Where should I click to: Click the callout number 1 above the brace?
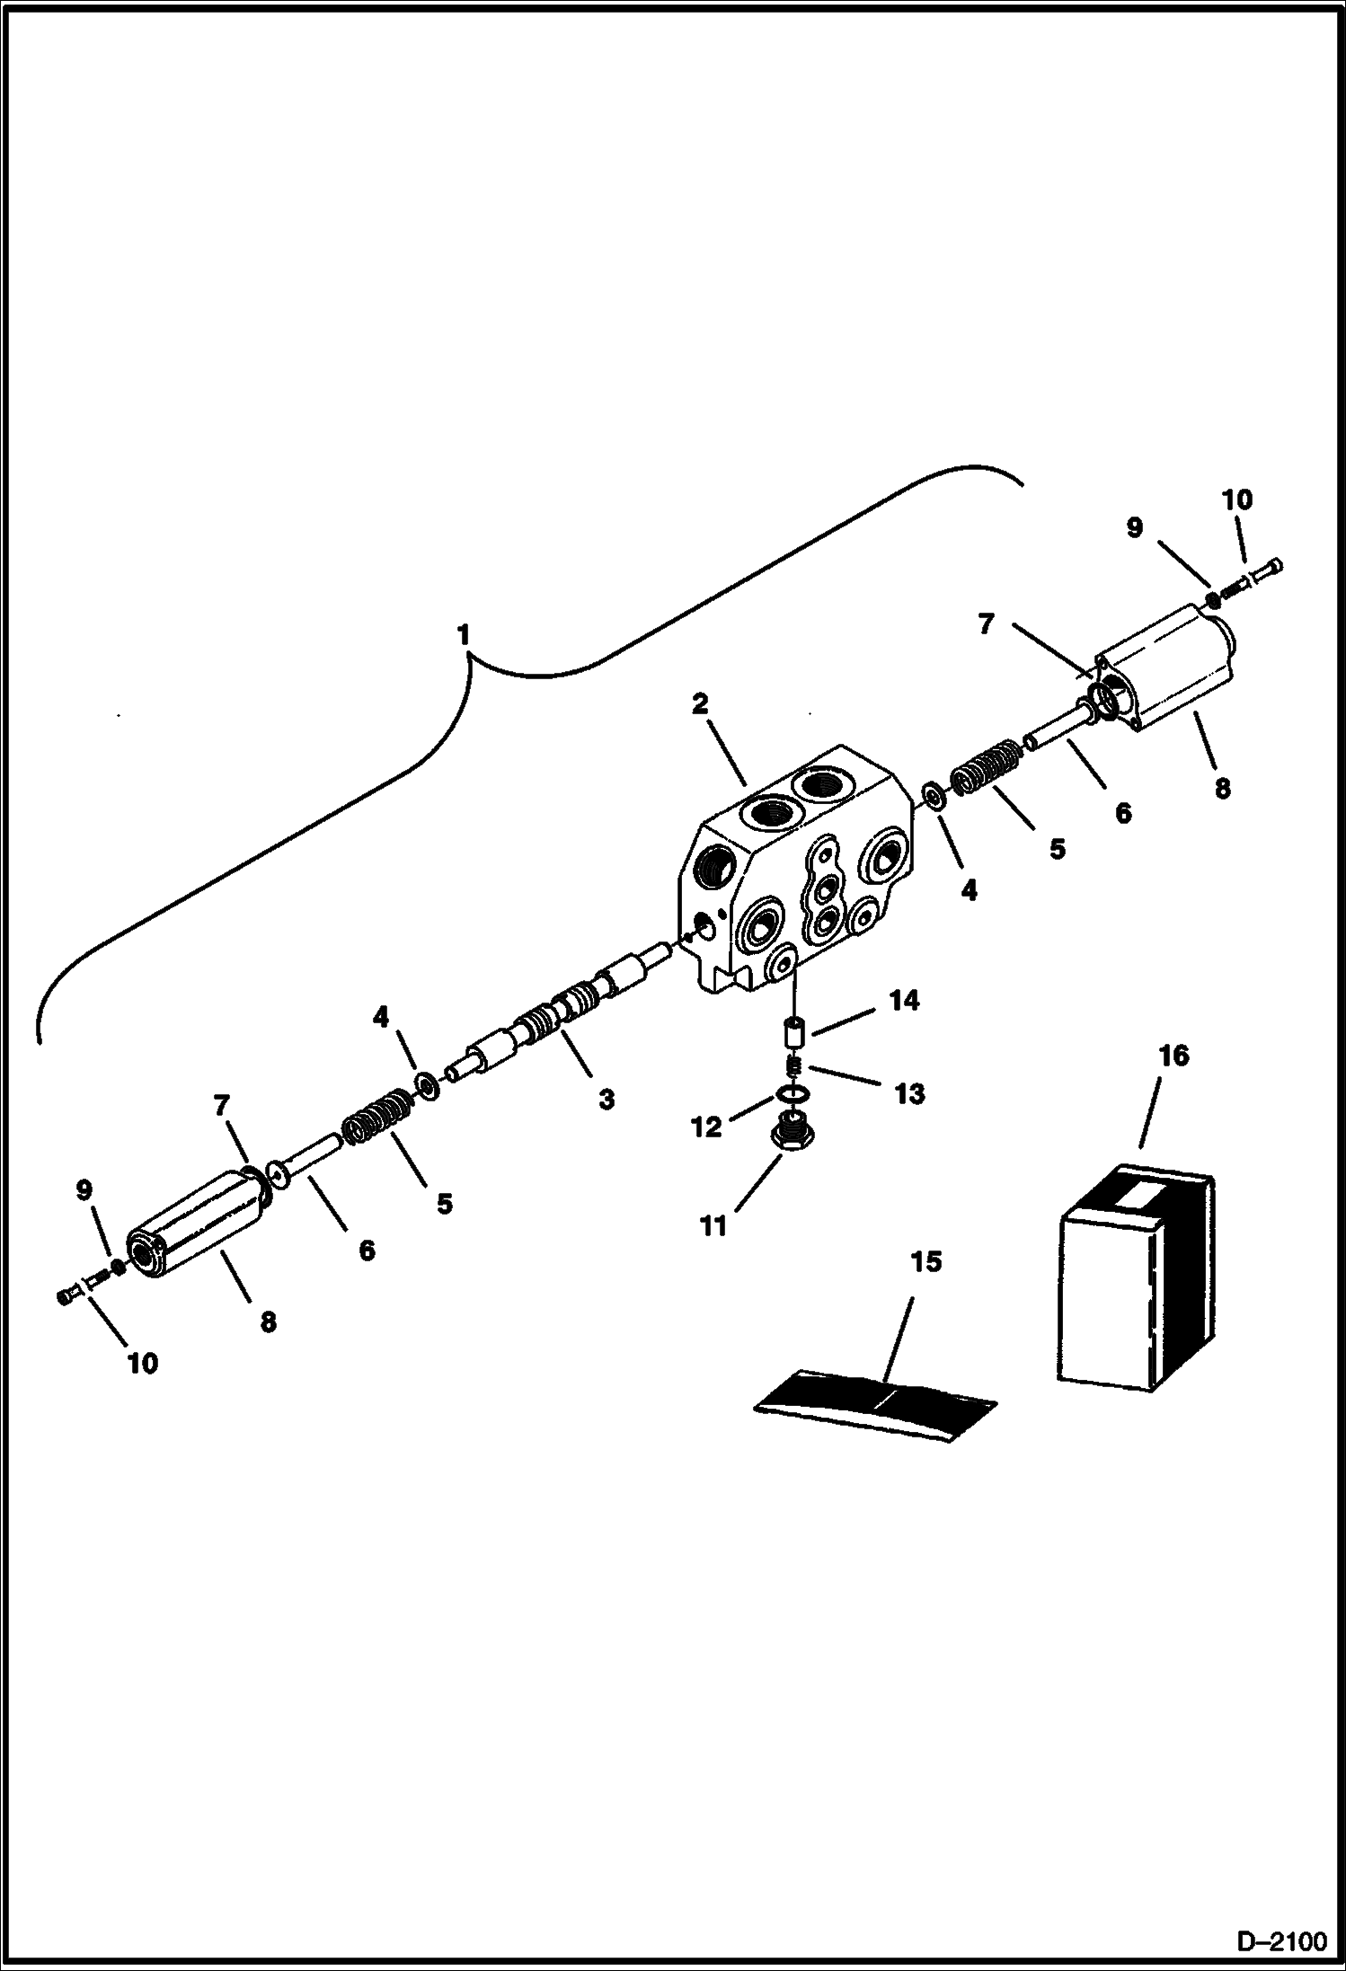(463, 636)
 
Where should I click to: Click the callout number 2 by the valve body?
(701, 704)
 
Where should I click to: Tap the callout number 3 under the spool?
(607, 1098)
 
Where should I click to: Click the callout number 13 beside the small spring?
(909, 1093)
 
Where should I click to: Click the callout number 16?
(1173, 1056)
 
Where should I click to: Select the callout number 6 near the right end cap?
(1123, 813)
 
